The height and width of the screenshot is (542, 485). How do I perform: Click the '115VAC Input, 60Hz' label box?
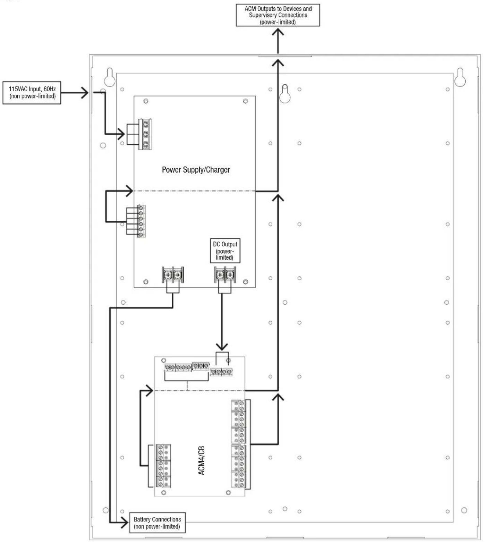tap(32, 93)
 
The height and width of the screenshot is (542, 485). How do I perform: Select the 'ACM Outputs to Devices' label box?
tap(278, 15)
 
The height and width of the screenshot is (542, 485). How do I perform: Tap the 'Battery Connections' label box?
tap(157, 523)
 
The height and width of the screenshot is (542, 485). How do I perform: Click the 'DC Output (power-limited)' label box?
tap(225, 250)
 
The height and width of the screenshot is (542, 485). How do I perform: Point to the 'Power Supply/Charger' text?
tap(196, 170)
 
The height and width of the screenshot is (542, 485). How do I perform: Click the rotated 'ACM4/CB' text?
tap(202, 460)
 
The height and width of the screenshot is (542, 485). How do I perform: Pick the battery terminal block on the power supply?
tap(172, 275)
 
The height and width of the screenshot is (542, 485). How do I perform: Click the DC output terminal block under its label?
tap(224, 275)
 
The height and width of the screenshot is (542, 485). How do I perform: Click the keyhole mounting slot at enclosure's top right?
tap(460, 77)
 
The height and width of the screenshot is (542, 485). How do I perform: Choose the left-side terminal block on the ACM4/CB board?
tap(163, 466)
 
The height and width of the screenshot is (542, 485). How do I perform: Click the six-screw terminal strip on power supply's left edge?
tap(141, 221)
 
